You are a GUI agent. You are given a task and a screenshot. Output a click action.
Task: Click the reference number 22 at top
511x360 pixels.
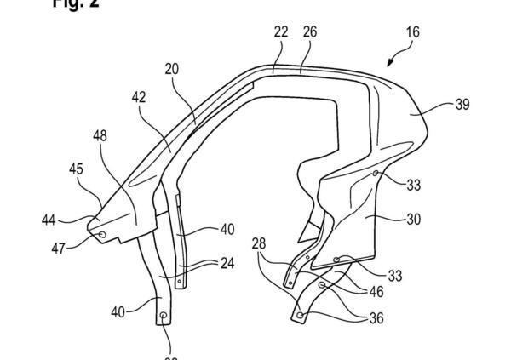click(280, 32)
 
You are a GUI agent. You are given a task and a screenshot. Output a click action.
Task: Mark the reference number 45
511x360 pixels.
click(78, 170)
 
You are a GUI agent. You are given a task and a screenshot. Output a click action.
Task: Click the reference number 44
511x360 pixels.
click(49, 220)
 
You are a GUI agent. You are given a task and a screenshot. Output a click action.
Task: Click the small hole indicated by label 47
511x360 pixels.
click(102, 234)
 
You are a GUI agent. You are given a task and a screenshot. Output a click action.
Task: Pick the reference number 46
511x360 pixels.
click(375, 292)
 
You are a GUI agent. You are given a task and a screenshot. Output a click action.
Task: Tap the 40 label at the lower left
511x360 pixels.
click(118, 311)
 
